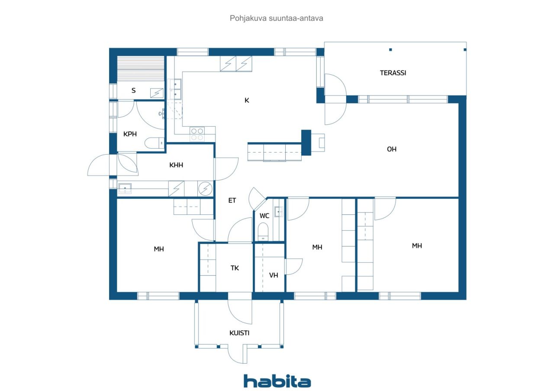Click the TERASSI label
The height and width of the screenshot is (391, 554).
(393, 73)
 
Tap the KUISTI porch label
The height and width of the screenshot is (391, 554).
(239, 333)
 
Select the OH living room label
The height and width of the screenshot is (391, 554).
(392, 149)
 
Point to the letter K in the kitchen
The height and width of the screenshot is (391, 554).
(247, 101)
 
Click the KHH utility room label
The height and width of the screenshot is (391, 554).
(177, 165)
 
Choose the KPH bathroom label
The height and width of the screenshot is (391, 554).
(130, 134)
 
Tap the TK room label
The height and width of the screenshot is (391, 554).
(235, 268)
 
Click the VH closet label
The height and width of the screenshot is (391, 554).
(274, 275)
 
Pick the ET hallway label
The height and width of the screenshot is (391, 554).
(232, 200)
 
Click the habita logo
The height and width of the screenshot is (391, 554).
(277, 381)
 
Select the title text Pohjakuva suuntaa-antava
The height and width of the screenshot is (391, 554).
(277, 19)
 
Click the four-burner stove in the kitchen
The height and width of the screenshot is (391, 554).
(198, 134)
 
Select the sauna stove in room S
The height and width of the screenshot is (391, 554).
(157, 92)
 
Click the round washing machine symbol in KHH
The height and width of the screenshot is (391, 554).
(206, 189)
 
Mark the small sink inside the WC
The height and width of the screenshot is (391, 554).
(279, 212)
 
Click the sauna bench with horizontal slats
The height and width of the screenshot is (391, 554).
(141, 69)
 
